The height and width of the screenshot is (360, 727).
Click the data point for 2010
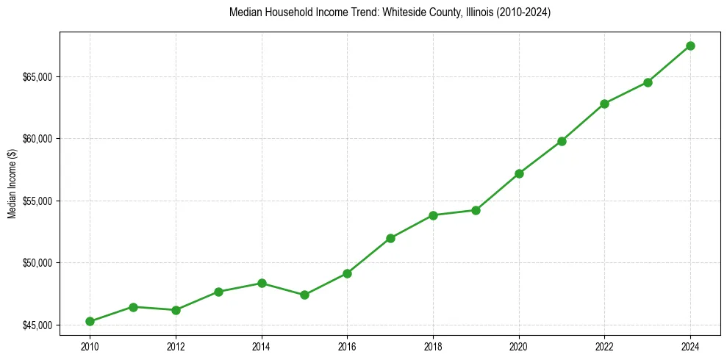(90, 321)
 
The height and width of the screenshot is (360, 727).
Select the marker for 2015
(304, 295)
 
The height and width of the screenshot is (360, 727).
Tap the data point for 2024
(690, 46)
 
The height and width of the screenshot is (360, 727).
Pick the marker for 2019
(476, 210)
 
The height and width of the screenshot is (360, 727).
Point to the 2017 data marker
(390, 238)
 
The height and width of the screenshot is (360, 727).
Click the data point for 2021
(562, 141)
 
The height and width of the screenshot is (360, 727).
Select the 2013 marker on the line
(218, 292)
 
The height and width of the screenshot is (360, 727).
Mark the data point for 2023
(648, 82)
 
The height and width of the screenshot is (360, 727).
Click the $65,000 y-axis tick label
(38, 77)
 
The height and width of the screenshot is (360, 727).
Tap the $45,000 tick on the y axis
(38, 325)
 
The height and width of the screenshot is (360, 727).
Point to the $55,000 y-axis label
(38, 201)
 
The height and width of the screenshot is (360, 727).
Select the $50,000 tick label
(38, 263)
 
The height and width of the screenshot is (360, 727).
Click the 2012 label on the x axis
(176, 346)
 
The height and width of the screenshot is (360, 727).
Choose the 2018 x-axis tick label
(433, 346)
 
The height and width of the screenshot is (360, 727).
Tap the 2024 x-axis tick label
(690, 346)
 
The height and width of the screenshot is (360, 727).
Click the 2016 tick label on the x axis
(347, 346)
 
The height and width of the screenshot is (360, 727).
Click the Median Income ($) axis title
(12, 183)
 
